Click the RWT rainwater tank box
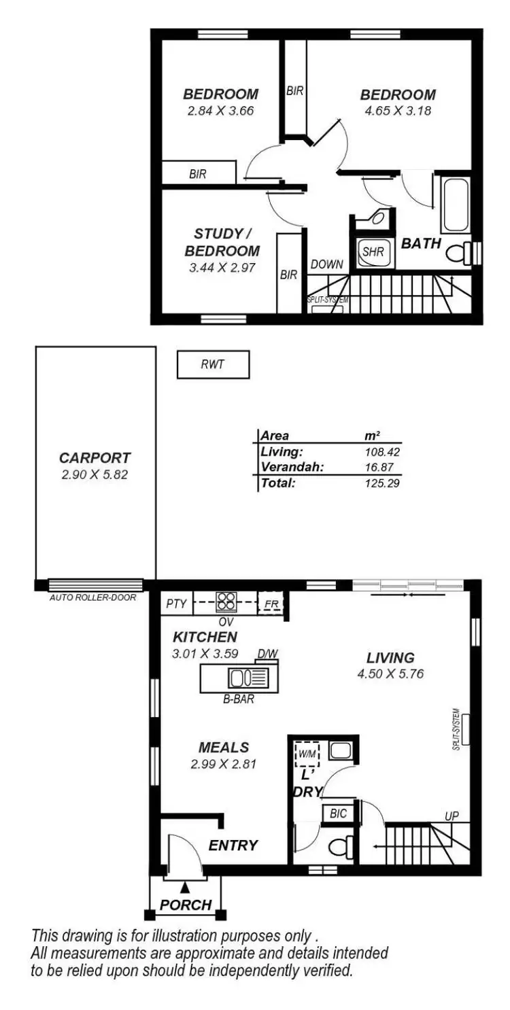(213, 364)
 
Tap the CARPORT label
(94, 458)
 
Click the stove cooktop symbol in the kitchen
(226, 602)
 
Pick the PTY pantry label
(176, 603)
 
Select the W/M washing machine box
(303, 752)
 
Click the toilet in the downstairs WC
(339, 847)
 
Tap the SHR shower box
(373, 251)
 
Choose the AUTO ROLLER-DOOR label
(92, 598)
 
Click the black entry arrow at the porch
(185, 886)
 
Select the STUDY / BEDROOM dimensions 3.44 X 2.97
(222, 268)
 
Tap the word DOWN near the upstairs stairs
(327, 264)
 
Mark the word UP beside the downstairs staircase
(452, 816)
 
